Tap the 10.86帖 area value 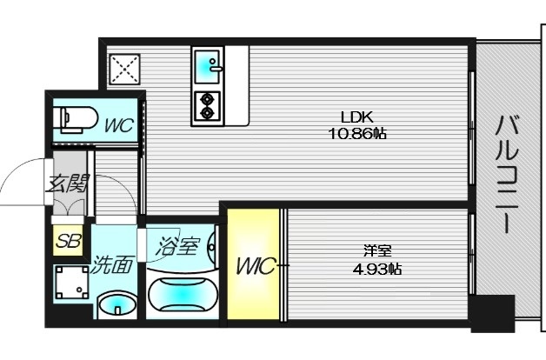356,135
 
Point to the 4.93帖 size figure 376,269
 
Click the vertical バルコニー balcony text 505,175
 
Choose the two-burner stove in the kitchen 208,104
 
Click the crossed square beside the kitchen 124,69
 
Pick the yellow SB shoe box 66,240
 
